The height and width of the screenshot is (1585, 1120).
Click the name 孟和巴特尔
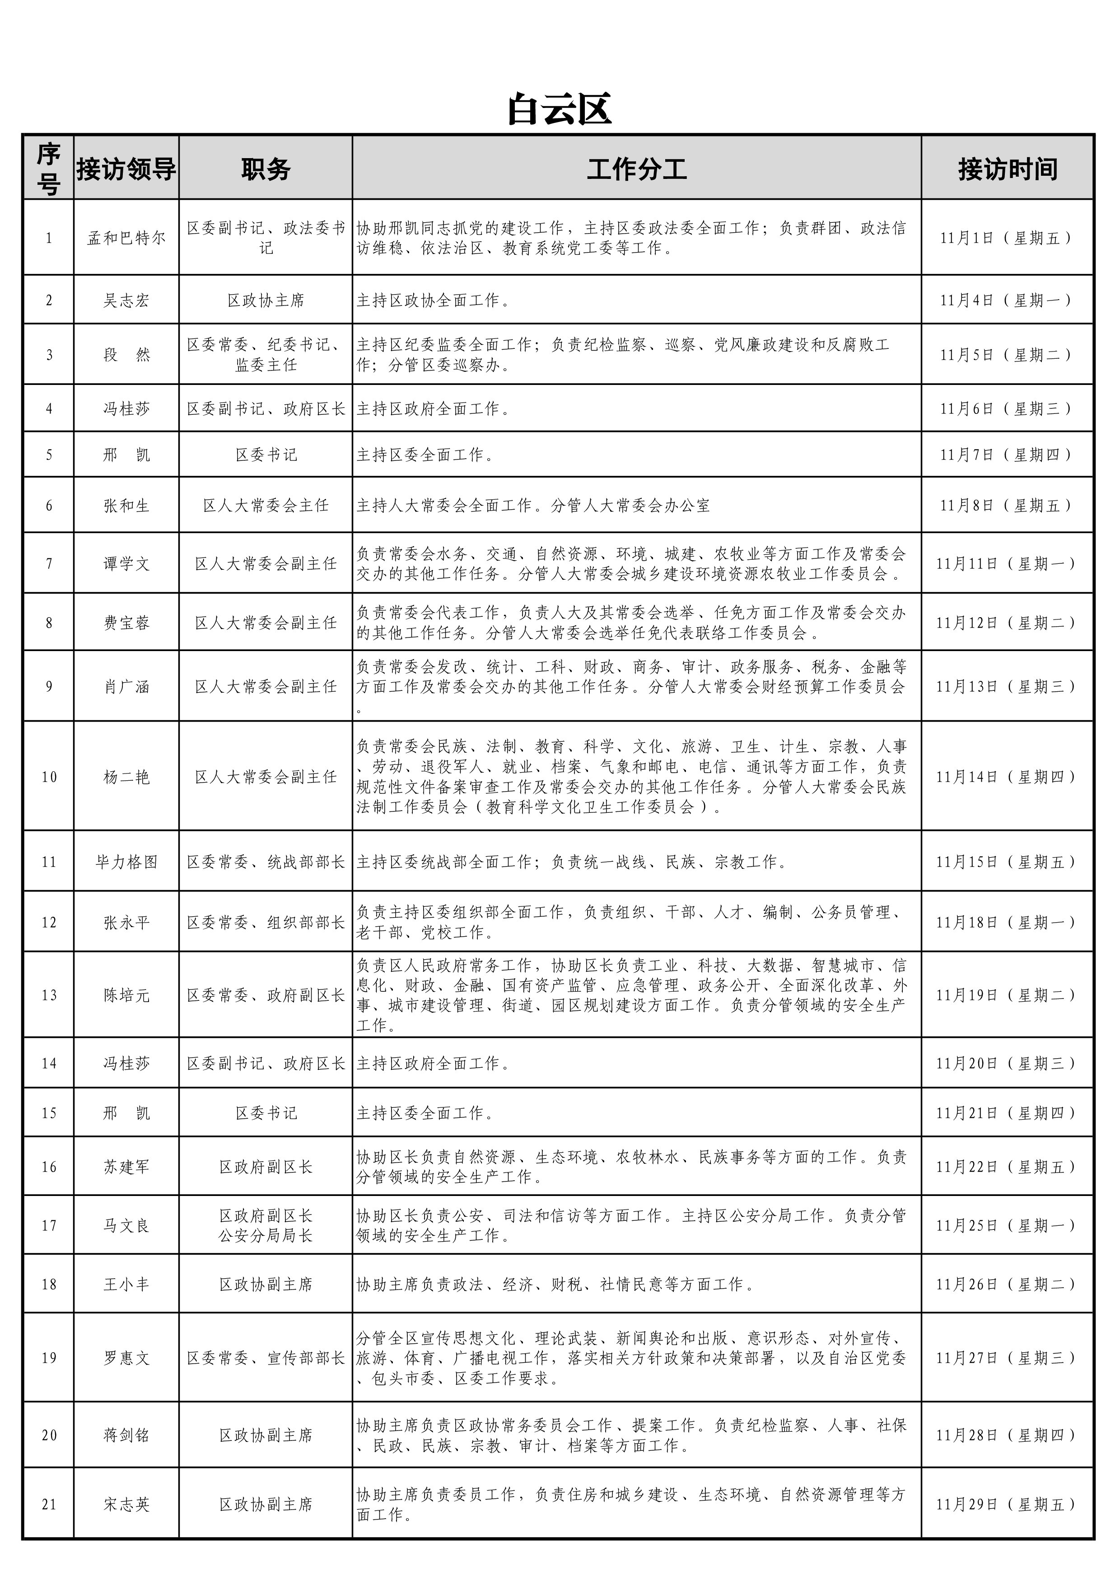(126, 238)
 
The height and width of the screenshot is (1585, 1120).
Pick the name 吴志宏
(126, 300)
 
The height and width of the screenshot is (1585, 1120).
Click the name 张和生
(126, 505)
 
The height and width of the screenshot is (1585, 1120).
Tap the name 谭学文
(126, 563)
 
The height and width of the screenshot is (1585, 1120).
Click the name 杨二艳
(126, 777)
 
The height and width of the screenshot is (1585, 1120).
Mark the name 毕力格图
(126, 862)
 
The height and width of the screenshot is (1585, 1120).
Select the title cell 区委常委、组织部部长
(266, 922)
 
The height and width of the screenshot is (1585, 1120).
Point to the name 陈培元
(126, 995)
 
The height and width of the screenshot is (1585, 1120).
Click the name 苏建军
(126, 1167)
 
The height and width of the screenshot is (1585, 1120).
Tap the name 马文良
(126, 1225)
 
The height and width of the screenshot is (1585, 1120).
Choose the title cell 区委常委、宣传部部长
(266, 1358)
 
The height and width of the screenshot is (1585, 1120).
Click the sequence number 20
(49, 1435)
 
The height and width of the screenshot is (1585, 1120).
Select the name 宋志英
(126, 1504)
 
